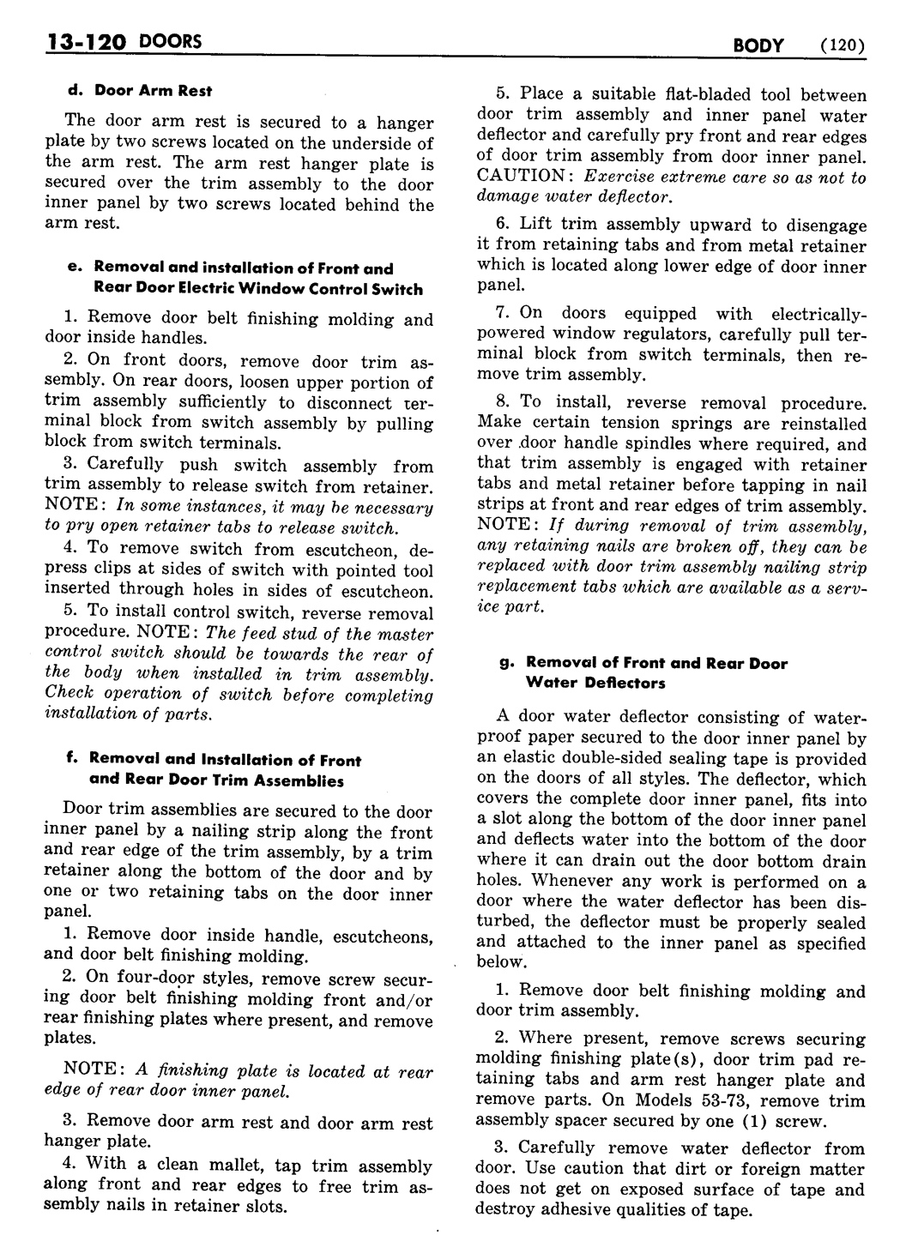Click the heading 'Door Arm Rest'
coord(153,90)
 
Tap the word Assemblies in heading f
coord(299,780)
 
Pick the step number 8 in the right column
coord(501,401)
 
